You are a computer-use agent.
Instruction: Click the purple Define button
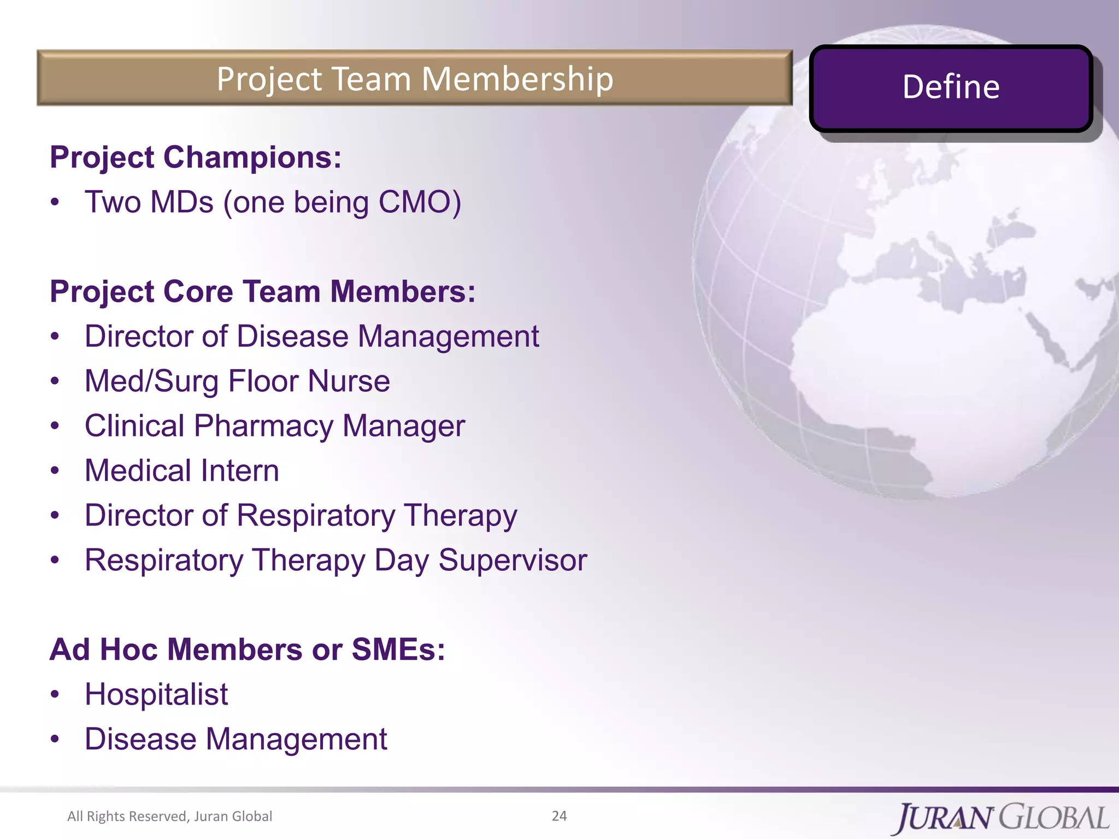[951, 87]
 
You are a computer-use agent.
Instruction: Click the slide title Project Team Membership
[415, 79]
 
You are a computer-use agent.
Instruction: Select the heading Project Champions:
[196, 157]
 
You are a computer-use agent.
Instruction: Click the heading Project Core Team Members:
[262, 291]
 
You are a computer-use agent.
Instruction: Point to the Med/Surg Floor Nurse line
[237, 381]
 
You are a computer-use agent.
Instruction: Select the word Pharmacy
[263, 426]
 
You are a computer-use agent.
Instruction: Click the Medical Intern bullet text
[181, 471]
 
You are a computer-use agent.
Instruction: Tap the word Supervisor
[513, 560]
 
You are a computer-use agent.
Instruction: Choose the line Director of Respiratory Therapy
[301, 516]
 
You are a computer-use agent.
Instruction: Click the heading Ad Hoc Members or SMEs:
[247, 649]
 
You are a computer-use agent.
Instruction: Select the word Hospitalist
[156, 695]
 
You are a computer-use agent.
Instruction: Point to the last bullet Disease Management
[235, 740]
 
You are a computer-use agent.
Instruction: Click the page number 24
[559, 816]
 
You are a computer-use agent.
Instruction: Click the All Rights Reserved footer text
[169, 816]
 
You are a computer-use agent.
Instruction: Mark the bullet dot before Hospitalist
[54, 695]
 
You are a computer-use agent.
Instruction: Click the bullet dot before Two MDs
[54, 202]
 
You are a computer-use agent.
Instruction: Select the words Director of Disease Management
[311, 336]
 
